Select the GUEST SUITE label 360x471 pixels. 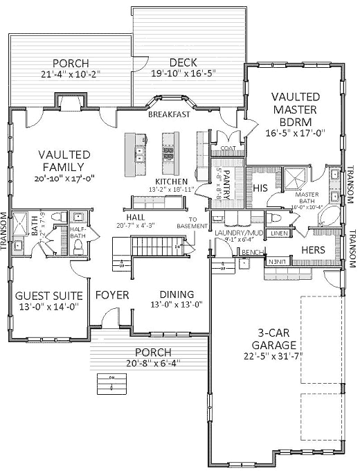[x=47, y=294]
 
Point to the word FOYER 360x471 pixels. [x=112, y=295]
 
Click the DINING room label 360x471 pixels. [x=177, y=294]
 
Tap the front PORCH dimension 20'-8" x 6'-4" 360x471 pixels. [x=153, y=362]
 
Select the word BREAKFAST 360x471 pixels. [x=169, y=115]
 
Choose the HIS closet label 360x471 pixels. [x=260, y=188]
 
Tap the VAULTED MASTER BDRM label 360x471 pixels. [x=296, y=109]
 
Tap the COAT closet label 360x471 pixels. [x=228, y=148]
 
